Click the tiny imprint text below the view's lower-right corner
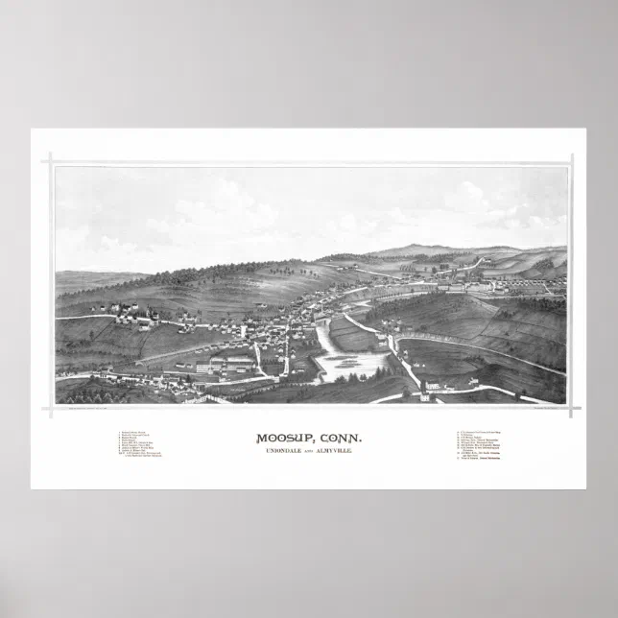pyautogui.click(x=542, y=408)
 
